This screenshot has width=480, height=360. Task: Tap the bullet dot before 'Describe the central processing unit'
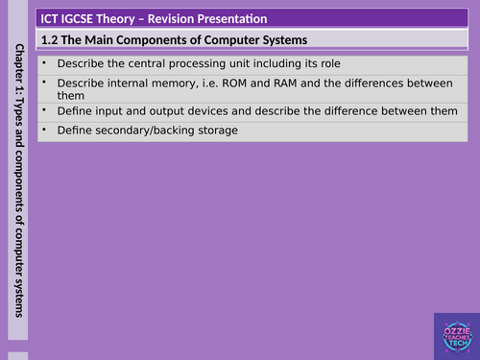[x=45, y=63]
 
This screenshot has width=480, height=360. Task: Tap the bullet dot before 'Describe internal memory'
[x=45, y=83]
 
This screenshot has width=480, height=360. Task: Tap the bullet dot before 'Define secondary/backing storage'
[x=45, y=131]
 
